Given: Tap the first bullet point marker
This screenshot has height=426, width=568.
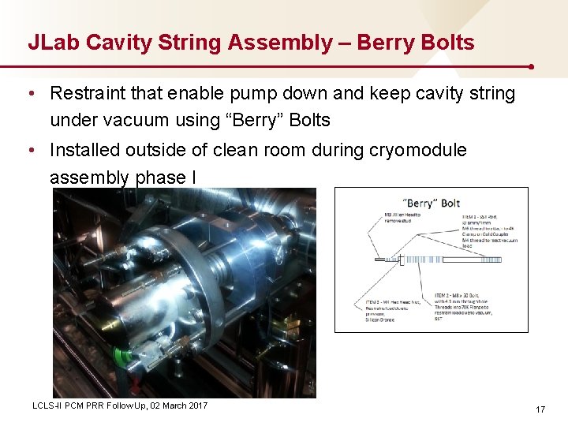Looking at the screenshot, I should (30, 94).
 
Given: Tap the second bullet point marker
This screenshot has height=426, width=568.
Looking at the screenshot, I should (30, 150).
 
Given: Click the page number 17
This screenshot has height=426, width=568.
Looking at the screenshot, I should (540, 409).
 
